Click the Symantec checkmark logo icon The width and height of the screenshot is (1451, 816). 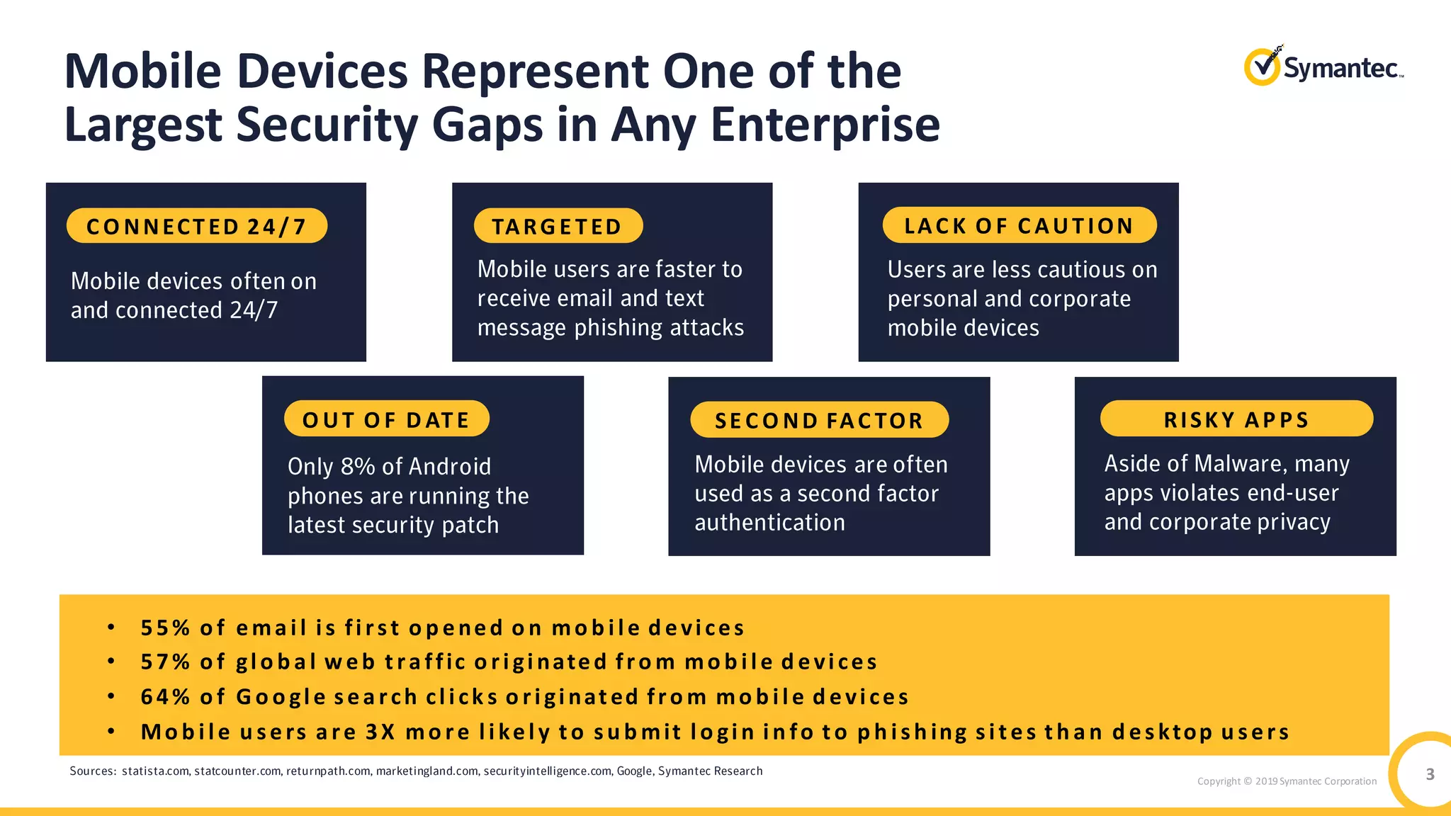click(1262, 67)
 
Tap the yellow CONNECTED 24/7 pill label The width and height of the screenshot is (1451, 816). click(197, 226)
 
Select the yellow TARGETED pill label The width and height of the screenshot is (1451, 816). click(558, 226)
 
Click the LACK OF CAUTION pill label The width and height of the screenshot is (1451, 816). click(1019, 225)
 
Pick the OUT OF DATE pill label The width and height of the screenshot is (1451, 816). click(386, 419)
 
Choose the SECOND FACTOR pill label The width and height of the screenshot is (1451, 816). click(819, 420)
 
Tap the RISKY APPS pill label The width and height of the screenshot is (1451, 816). click(1236, 419)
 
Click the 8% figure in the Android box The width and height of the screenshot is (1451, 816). click(358, 467)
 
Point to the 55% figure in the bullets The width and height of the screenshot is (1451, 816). click(165, 628)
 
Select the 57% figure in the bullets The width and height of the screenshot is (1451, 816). click(165, 662)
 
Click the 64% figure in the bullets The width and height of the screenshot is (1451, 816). click(165, 696)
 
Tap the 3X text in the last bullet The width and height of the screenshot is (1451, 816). click(380, 731)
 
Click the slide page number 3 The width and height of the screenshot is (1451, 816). click(1430, 774)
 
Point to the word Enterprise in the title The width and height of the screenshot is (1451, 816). click(825, 125)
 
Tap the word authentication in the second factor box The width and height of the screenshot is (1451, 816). click(769, 523)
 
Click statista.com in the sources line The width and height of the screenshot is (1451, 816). click(155, 771)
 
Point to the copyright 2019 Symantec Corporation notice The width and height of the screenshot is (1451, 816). click(1287, 781)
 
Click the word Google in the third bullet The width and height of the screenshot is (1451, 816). click(281, 696)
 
